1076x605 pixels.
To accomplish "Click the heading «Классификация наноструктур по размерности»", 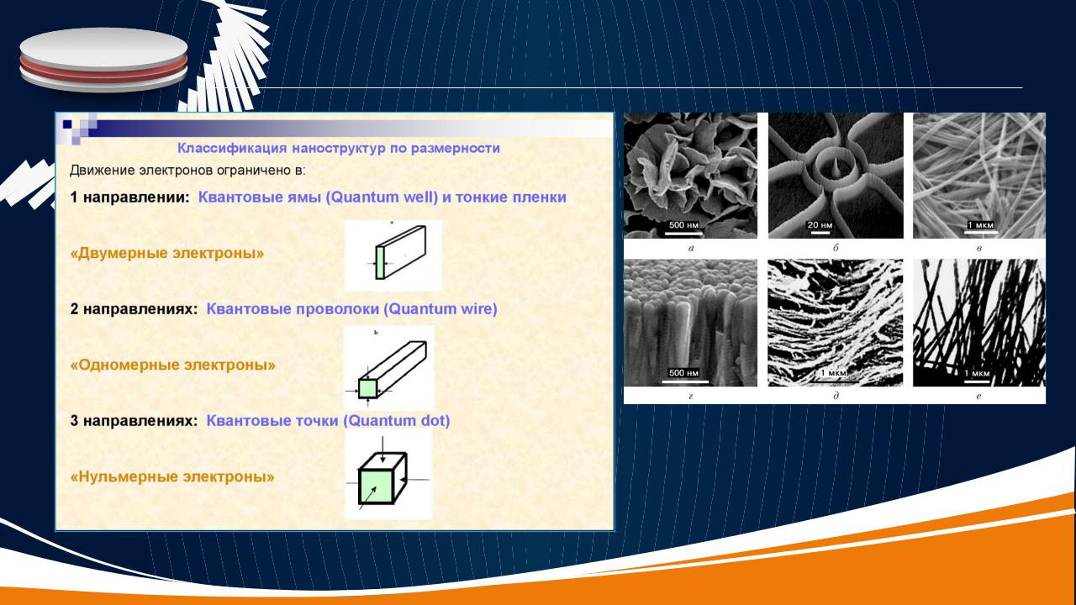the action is [x=339, y=148].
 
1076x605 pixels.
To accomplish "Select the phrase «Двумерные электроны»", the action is [x=167, y=253].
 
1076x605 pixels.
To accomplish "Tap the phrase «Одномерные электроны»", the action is [x=173, y=365].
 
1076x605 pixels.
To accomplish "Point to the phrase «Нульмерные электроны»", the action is [x=172, y=476].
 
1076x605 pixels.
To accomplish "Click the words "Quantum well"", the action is [x=382, y=197].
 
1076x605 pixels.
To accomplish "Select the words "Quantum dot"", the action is [x=396, y=421].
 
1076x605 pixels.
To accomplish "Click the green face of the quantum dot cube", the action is [x=376, y=487].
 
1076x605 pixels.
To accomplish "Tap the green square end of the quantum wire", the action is [x=368, y=388].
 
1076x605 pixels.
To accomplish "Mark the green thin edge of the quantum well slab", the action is [x=380, y=263].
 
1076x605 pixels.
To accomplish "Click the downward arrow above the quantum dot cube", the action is [x=382, y=450].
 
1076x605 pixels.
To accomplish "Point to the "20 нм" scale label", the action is [x=820, y=224].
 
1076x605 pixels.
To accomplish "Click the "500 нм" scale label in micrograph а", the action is [x=683, y=224].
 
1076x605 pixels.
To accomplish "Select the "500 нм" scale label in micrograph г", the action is [x=683, y=372].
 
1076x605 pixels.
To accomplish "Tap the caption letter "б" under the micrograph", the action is [x=836, y=248].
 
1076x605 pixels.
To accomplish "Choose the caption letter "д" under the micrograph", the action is [x=836, y=396].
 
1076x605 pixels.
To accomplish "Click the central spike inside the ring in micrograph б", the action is [x=836, y=169].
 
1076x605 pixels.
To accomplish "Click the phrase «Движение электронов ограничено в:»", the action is [x=187, y=171].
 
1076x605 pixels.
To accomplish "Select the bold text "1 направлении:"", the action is [x=129, y=197].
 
